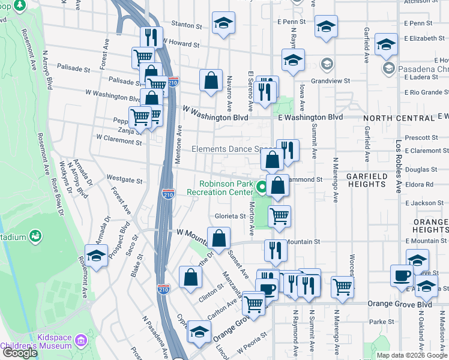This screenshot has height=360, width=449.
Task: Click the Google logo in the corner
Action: tap(20, 353)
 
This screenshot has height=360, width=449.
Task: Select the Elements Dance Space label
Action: tap(233, 149)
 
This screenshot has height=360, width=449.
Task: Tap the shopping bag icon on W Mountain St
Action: tap(219, 238)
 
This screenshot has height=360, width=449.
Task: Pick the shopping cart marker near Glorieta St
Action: tap(279, 216)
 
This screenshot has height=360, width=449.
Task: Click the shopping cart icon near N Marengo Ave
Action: tap(342, 286)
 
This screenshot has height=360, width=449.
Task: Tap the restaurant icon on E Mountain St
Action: tap(276, 250)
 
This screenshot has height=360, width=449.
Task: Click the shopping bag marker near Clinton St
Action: tap(190, 277)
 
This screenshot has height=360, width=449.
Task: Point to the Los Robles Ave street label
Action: tap(397, 167)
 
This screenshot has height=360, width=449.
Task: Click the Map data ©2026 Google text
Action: tap(412, 355)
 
